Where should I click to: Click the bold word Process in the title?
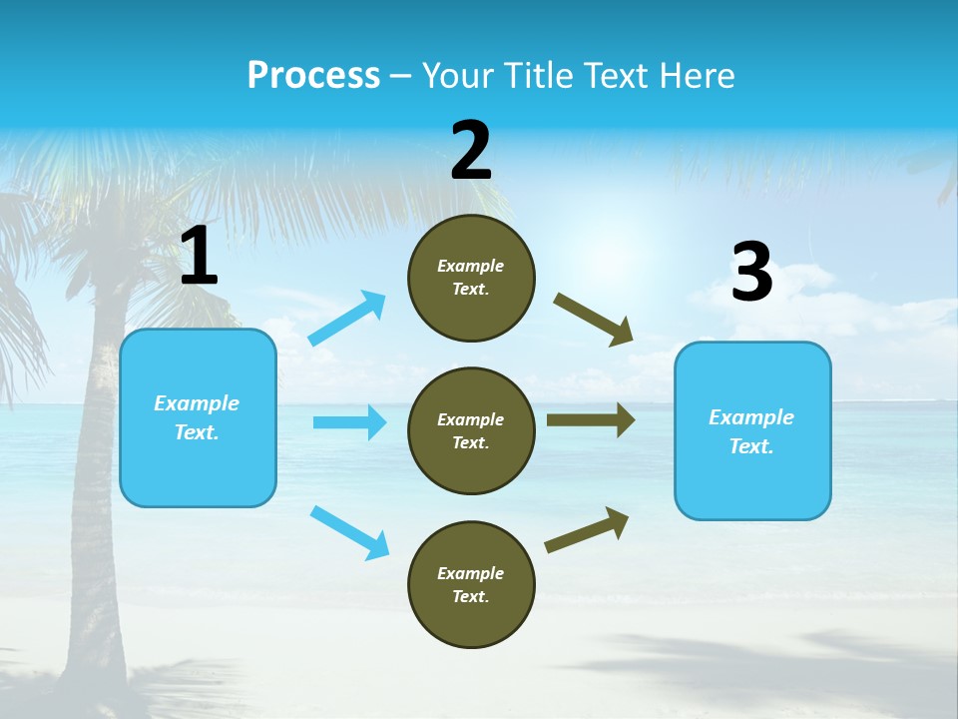pyautogui.click(x=313, y=76)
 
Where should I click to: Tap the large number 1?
pyautogui.click(x=199, y=258)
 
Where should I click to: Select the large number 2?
pyautogui.click(x=471, y=151)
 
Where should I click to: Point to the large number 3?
pyautogui.click(x=751, y=274)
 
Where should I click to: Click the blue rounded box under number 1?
pyautogui.click(x=198, y=469)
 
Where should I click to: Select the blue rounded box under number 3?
pyautogui.click(x=752, y=484)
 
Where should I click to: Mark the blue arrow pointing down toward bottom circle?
pyautogui.click(x=350, y=532)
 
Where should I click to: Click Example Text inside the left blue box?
pyautogui.click(x=197, y=417)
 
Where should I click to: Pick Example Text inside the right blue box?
pyautogui.click(x=751, y=431)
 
